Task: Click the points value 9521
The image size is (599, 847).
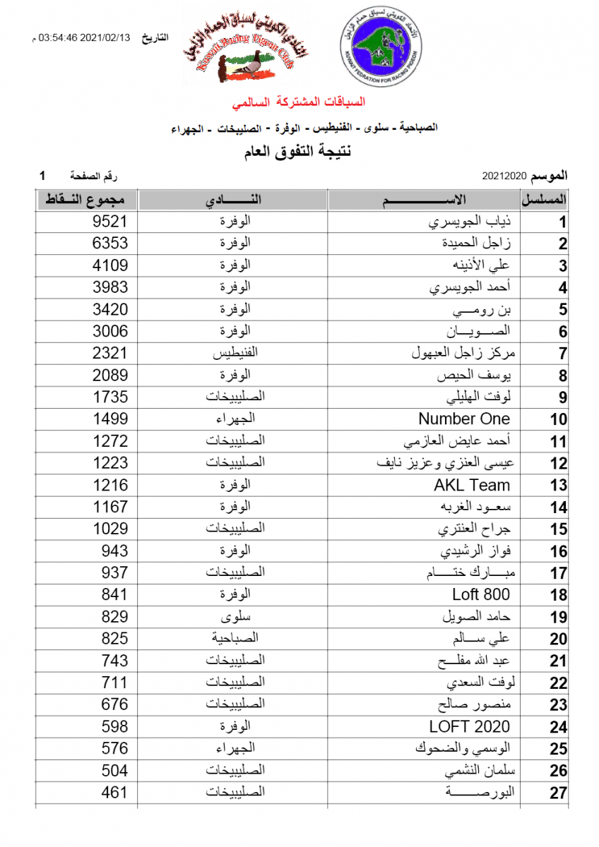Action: point(110,222)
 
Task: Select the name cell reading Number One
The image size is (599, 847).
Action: point(464,419)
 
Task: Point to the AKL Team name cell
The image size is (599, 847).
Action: point(472,485)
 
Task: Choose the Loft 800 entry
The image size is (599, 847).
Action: point(481,594)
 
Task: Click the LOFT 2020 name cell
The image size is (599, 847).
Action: point(469,726)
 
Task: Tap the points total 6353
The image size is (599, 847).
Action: point(110,244)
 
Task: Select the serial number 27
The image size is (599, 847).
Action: point(559,793)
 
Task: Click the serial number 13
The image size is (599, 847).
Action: point(559,486)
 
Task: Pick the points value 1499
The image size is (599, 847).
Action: point(110,419)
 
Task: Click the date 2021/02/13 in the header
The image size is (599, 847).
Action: point(106,37)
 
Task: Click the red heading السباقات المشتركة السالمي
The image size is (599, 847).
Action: point(300,103)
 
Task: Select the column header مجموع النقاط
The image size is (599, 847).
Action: point(86,200)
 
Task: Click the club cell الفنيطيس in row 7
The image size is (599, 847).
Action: point(234,353)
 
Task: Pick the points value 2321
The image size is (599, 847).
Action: point(110,353)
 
